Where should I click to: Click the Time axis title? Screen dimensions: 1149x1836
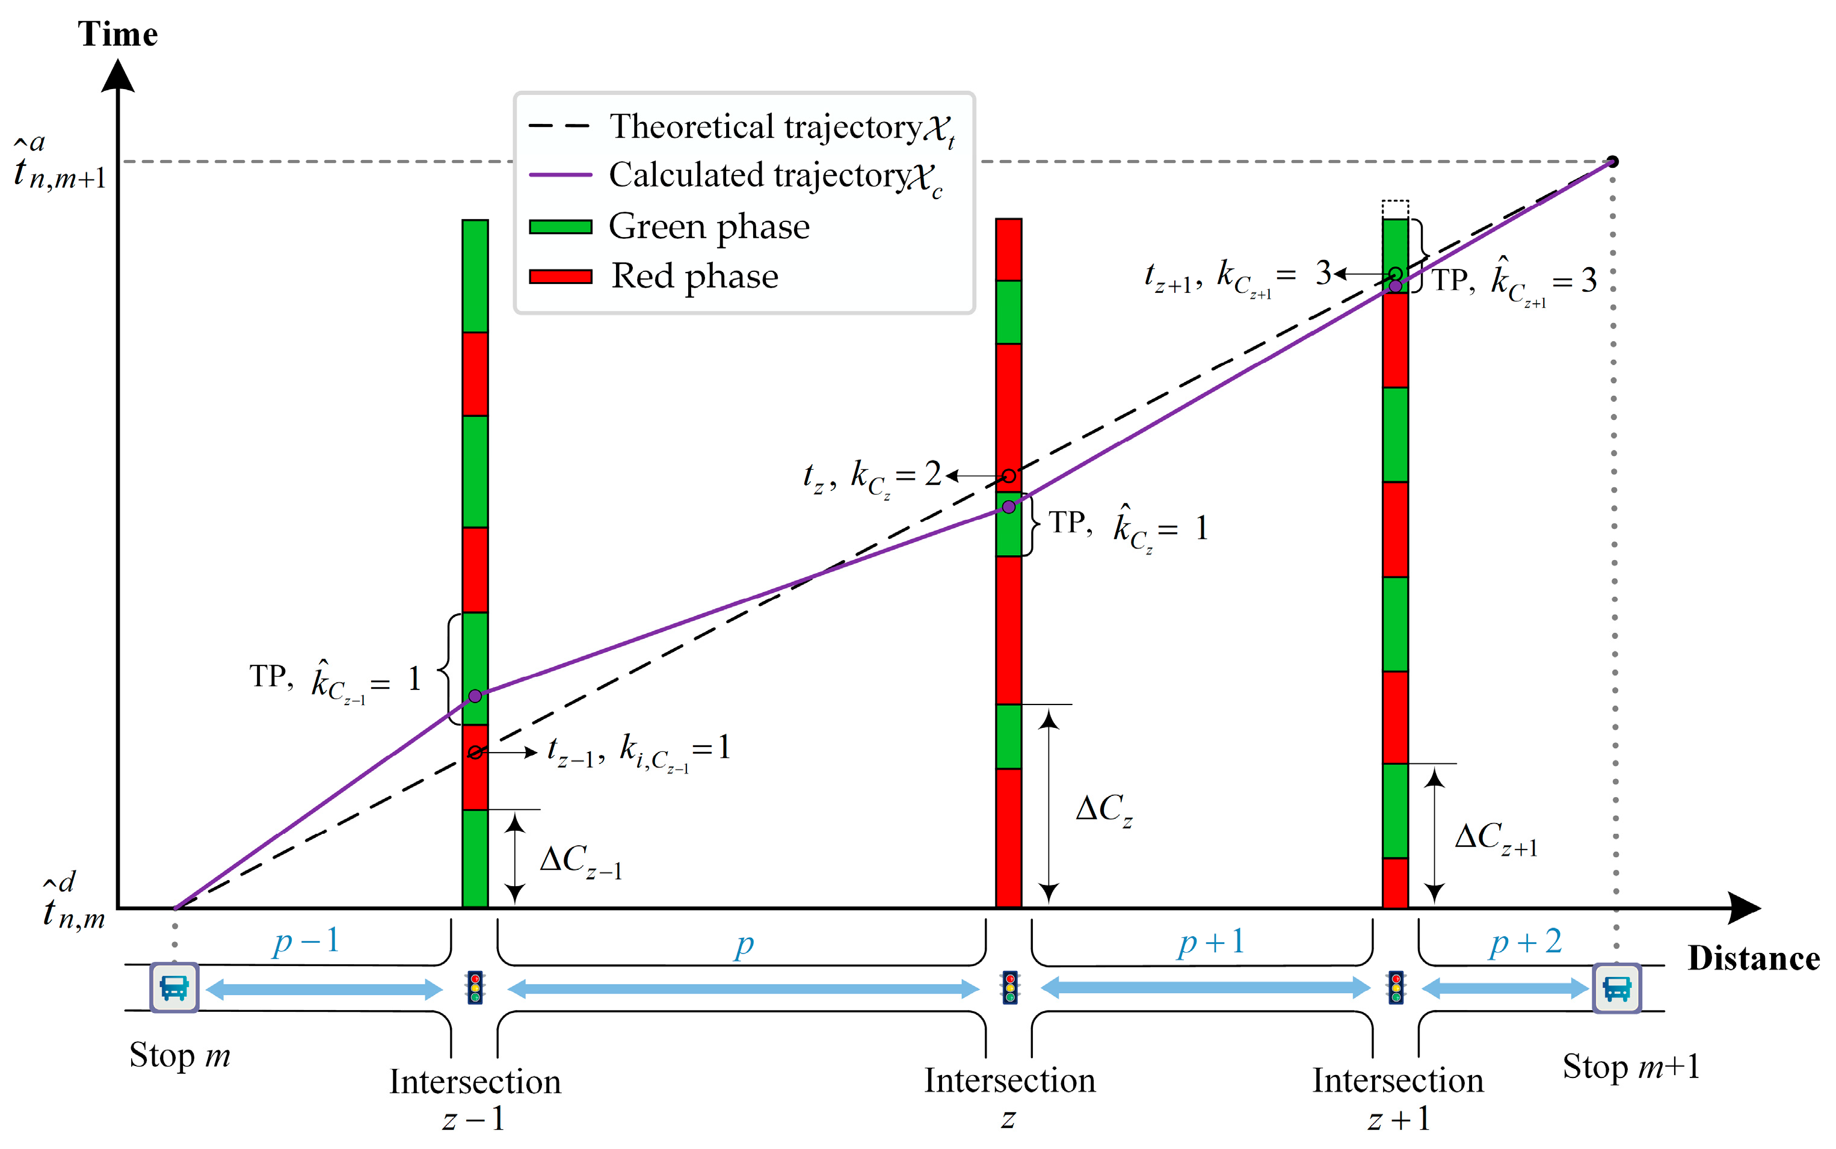(x=118, y=34)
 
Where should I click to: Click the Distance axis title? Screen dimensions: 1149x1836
(x=1753, y=959)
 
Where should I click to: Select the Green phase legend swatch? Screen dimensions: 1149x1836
(x=560, y=226)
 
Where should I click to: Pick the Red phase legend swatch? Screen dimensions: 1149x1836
(x=560, y=276)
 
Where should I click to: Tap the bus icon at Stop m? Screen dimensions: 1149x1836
(x=174, y=988)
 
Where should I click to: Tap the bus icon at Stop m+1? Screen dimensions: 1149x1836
(x=1616, y=988)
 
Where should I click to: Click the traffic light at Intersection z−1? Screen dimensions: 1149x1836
(x=475, y=988)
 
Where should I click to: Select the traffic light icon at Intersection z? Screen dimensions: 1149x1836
(x=1009, y=988)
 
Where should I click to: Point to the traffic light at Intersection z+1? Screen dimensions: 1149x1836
(x=1396, y=988)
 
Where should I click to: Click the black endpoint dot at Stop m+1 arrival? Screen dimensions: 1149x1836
(x=1613, y=161)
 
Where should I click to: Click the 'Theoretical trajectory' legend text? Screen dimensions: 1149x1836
(x=765, y=127)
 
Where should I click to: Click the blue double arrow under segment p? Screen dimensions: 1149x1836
(x=743, y=988)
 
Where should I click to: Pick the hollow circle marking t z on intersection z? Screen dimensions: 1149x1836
(x=1008, y=476)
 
